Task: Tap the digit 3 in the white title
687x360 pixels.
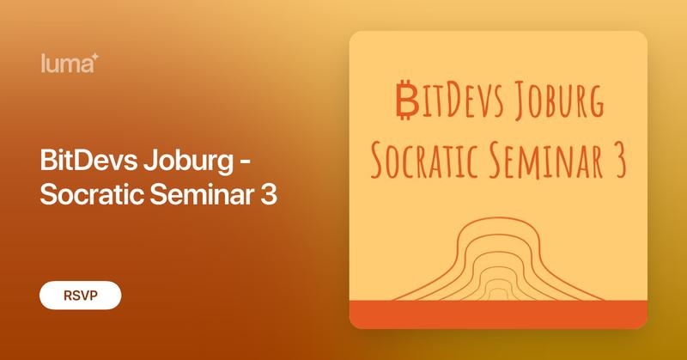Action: (268, 193)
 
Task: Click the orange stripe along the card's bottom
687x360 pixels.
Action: (498, 314)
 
